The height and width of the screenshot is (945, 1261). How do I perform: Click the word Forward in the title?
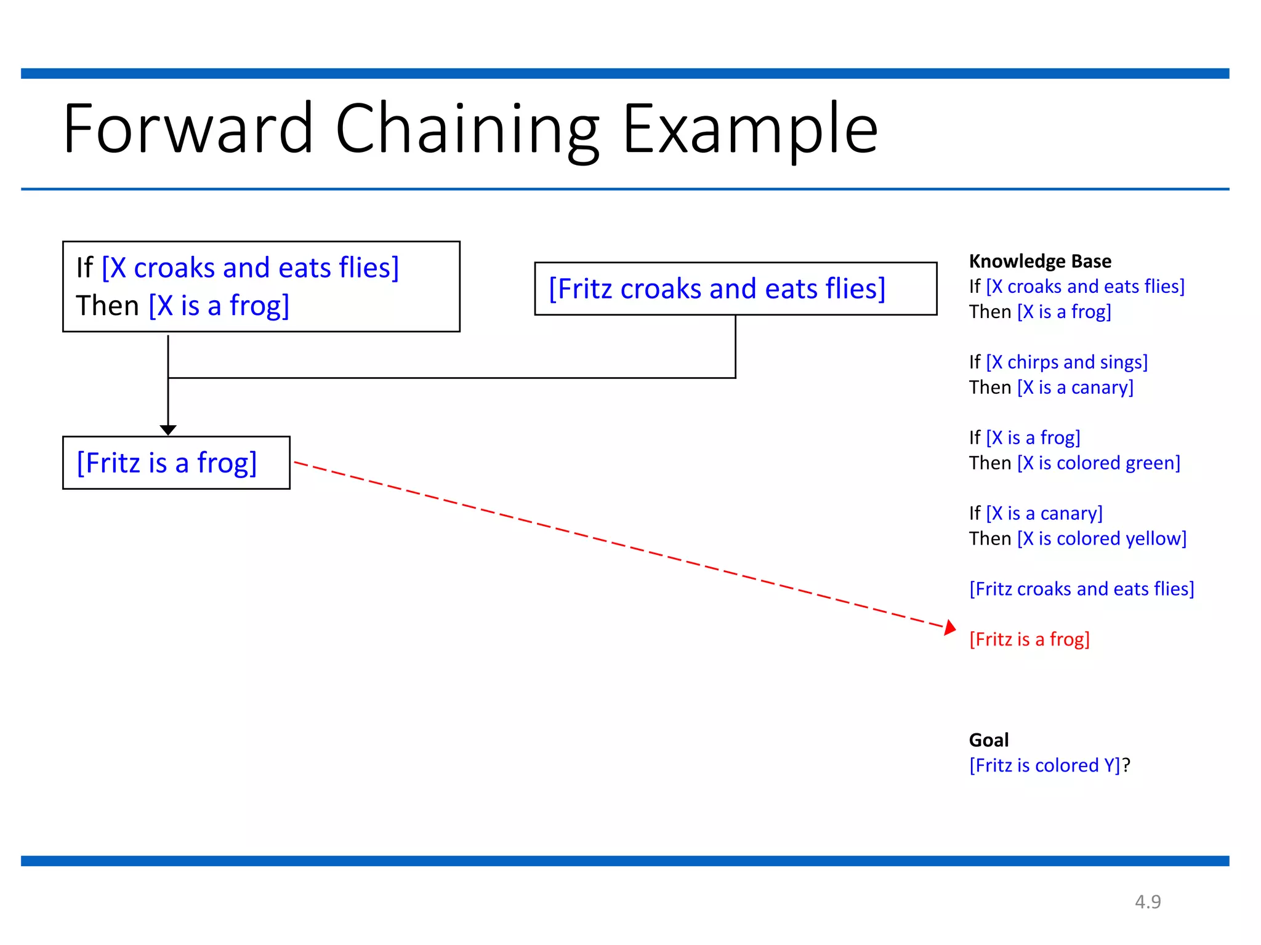(x=188, y=129)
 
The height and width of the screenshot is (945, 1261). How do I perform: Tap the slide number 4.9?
(x=1148, y=901)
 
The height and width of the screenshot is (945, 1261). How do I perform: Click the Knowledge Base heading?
(x=1040, y=261)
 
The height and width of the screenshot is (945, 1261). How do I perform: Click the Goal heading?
(x=988, y=740)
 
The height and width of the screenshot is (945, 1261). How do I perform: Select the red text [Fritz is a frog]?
(x=1029, y=639)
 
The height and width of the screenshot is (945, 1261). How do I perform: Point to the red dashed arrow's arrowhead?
(x=951, y=628)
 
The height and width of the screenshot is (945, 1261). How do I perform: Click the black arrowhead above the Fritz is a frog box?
(x=168, y=429)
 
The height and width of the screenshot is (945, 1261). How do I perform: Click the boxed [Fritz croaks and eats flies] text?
(x=717, y=289)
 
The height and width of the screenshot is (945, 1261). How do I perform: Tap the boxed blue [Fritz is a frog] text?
(x=166, y=463)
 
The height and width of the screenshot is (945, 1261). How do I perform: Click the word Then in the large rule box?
(x=107, y=306)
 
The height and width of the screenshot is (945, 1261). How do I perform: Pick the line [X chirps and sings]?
(x=1066, y=362)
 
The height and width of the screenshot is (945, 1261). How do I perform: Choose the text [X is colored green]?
(x=1098, y=463)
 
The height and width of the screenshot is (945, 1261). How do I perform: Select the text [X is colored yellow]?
(x=1102, y=538)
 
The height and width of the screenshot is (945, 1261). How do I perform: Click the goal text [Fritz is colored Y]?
(x=1044, y=765)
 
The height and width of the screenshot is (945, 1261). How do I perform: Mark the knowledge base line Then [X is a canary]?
(x=1051, y=388)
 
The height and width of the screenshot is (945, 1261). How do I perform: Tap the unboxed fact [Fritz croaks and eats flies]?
(x=1081, y=589)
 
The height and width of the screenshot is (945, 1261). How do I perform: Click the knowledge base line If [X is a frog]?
(x=1025, y=437)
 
